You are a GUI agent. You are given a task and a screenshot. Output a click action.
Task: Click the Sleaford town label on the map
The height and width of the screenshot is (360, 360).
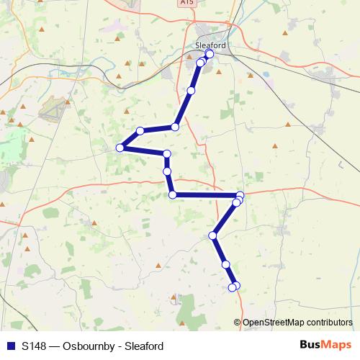point(210,45)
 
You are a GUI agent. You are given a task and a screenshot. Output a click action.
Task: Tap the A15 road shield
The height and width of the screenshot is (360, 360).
point(188,3)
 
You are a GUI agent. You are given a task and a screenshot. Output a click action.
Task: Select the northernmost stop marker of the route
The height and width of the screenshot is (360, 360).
point(210,54)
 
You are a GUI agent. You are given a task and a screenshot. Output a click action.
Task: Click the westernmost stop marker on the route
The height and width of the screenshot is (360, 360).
point(120,148)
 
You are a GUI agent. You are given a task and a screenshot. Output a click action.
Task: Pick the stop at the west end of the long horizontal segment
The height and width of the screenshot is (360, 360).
point(172,195)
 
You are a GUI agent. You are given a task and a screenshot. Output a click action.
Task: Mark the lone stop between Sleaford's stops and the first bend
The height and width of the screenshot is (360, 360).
point(191,91)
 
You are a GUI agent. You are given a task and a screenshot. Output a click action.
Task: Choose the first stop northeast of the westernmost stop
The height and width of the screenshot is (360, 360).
point(140,130)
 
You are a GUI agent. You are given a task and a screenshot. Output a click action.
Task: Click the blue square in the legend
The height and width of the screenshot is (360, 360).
point(11,346)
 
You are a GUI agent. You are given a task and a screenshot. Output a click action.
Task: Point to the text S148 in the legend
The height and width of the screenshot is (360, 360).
point(35,346)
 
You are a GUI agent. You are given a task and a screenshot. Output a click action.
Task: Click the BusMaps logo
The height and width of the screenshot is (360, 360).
point(326,345)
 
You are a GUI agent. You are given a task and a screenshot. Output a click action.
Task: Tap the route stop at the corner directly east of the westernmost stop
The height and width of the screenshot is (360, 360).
point(167,153)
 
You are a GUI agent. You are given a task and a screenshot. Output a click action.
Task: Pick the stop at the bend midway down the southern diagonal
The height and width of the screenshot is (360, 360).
point(213,235)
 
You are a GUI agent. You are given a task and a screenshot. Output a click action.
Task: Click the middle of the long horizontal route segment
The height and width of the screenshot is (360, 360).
point(206,195)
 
